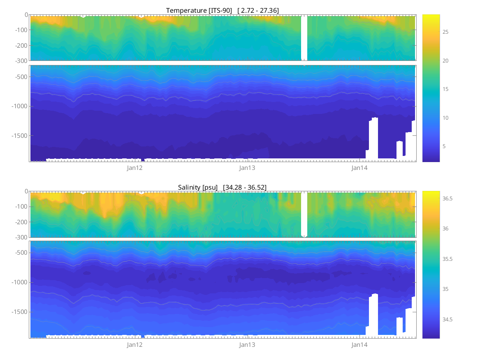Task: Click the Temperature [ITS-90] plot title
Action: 223,10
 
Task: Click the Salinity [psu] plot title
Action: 222,187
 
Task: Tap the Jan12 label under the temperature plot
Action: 134,168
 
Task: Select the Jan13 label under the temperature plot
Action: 247,168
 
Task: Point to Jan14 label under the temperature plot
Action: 359,168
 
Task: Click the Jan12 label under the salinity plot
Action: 134,345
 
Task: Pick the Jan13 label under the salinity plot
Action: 247,345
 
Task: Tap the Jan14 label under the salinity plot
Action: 359,345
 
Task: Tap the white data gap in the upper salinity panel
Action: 304,214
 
